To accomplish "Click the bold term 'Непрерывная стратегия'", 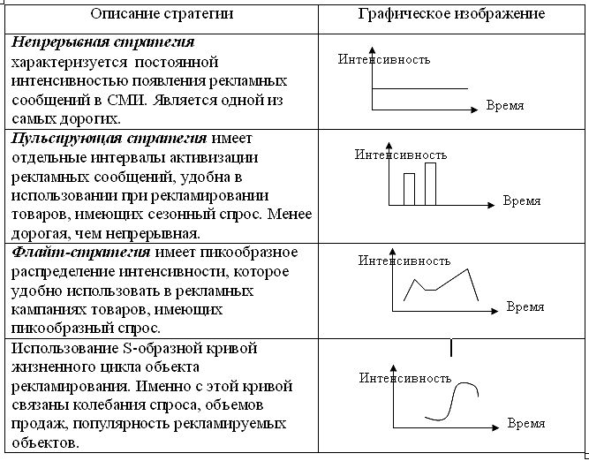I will pyautogui.click(x=103, y=42).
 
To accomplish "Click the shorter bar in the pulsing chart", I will pyautogui.click(x=409, y=189).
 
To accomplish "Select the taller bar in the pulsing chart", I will pyautogui.click(x=431, y=184).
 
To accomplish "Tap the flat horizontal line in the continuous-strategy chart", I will pyautogui.click(x=417, y=89).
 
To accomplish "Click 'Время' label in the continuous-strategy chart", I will pyautogui.click(x=505, y=105).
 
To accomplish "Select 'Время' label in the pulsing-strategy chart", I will pyautogui.click(x=522, y=200).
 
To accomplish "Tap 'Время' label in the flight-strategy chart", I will pyautogui.click(x=525, y=307).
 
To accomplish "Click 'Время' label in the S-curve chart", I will pyautogui.click(x=525, y=423).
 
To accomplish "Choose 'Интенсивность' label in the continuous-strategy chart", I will pyautogui.click(x=384, y=60).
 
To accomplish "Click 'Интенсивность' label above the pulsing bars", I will pyautogui.click(x=401, y=154).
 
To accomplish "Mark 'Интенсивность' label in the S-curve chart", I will pyautogui.click(x=405, y=377).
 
